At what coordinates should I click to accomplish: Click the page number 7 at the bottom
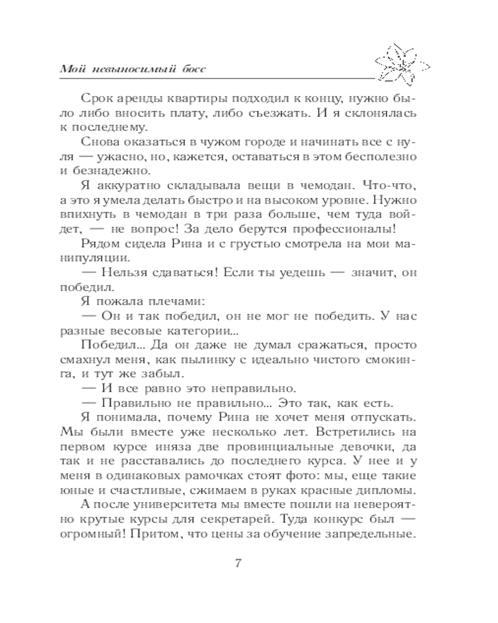click(238, 564)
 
